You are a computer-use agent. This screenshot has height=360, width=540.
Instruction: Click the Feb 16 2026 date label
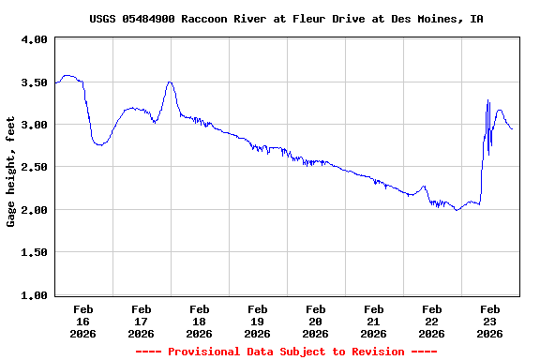[x=82, y=321]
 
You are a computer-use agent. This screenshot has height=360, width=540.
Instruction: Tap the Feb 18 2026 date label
[x=199, y=321]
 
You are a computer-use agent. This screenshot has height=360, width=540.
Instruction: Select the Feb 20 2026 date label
[x=315, y=321]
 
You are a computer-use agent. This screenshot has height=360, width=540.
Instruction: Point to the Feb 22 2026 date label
[x=431, y=321]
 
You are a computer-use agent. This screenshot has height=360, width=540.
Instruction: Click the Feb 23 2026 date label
[x=489, y=321]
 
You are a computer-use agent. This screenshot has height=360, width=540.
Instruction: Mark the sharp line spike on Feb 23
[x=487, y=100]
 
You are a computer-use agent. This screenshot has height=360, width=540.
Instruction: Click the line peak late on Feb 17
[x=170, y=82]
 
